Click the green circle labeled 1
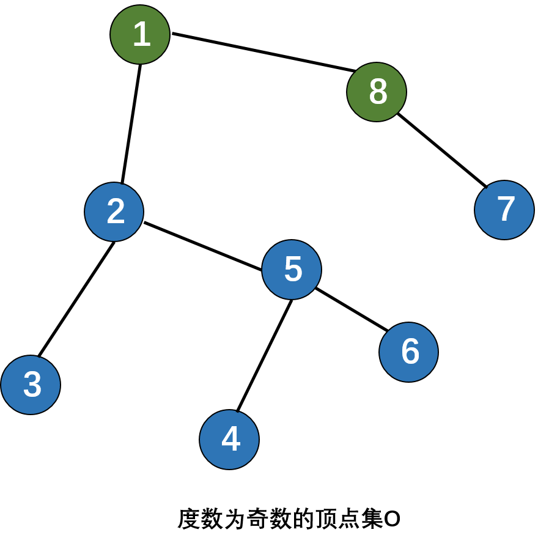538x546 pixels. point(140,34)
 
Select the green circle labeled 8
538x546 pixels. point(377,92)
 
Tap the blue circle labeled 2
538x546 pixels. point(114,212)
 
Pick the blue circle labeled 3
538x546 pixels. point(31,385)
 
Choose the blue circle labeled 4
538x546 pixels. point(229,439)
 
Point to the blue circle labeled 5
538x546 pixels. point(292,270)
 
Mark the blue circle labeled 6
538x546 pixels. point(408,352)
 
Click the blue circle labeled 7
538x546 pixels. point(504,210)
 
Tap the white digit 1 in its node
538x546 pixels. point(141,34)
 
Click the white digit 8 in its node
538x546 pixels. point(378,92)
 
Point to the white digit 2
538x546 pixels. point(116,212)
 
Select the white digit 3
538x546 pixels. point(32,385)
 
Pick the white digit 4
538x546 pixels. point(230,439)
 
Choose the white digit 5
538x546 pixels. point(293,270)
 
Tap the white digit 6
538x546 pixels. point(410,352)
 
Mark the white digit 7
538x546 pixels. point(506,210)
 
